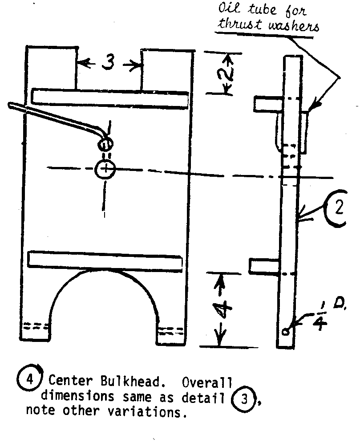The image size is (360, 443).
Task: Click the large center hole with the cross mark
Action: click(x=105, y=168)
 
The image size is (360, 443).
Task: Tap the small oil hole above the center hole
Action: click(x=105, y=144)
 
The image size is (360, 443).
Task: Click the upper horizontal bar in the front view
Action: click(x=110, y=98)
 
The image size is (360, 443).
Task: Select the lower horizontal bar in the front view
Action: click(x=105, y=261)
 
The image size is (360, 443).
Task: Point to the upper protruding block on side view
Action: click(x=267, y=103)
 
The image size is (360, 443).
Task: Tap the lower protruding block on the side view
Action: click(x=263, y=267)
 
